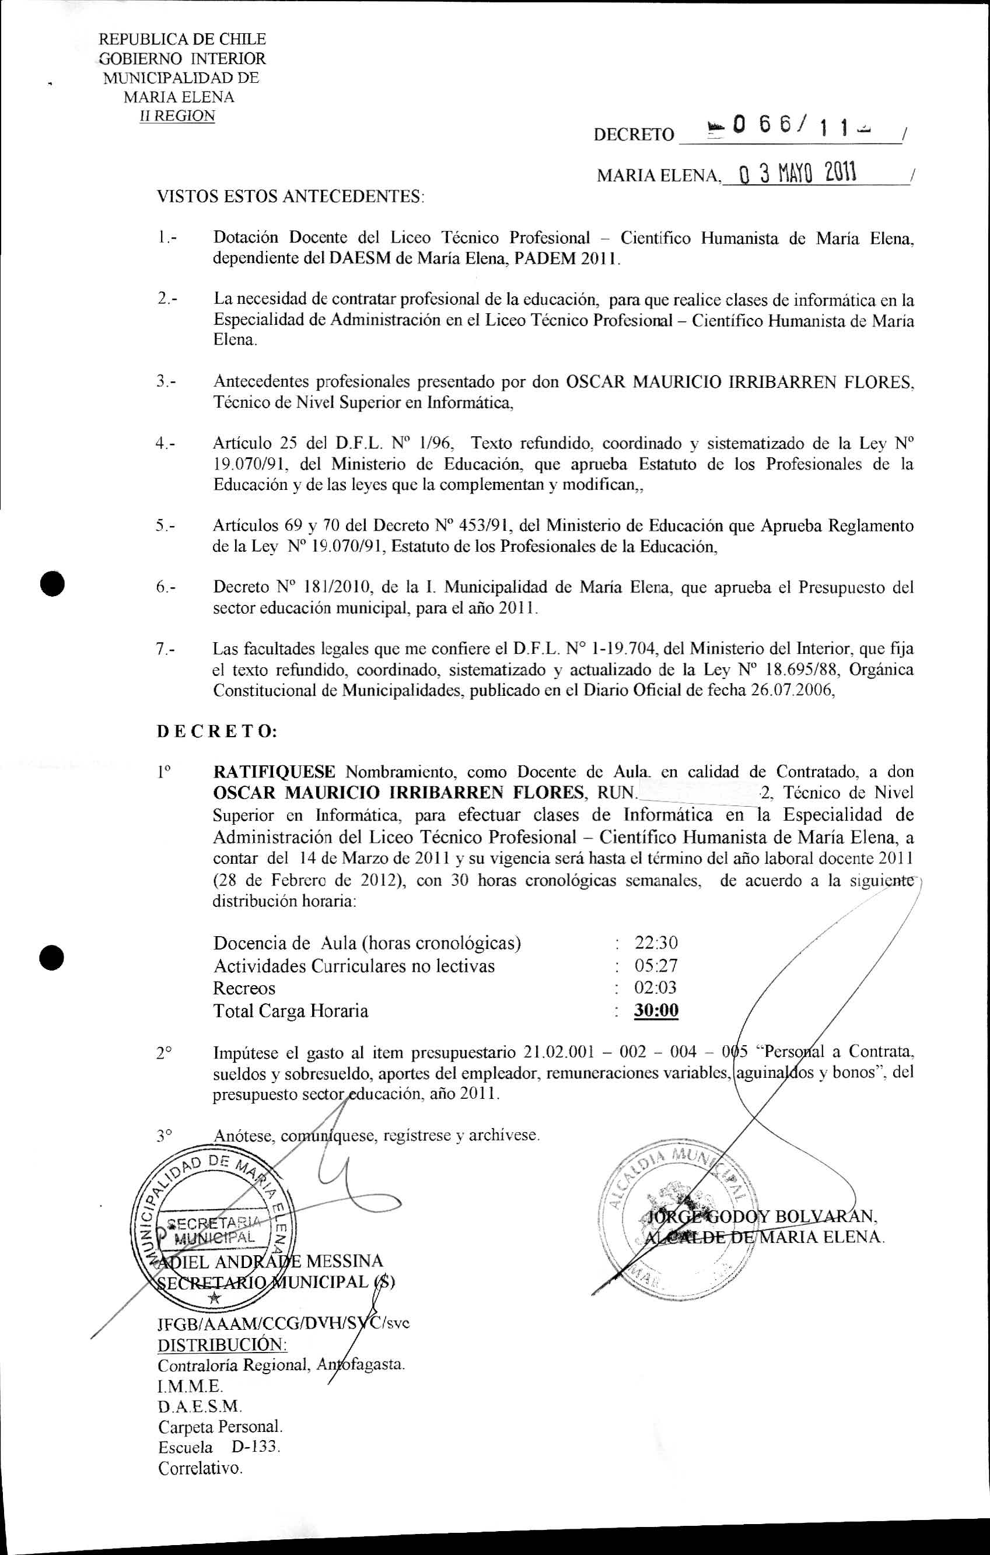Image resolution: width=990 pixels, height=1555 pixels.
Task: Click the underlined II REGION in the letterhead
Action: point(179,116)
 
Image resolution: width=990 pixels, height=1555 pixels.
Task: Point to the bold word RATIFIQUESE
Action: point(274,772)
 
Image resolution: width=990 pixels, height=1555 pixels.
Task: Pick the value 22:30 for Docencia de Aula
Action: point(656,943)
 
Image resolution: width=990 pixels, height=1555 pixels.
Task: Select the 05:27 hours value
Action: point(656,965)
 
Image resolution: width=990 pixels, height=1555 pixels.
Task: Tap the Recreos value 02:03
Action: point(656,987)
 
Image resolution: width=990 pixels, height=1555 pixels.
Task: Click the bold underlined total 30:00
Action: point(656,1010)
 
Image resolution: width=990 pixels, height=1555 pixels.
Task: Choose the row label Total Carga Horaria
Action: point(291,1011)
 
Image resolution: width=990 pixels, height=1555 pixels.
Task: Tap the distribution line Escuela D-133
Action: point(218,1447)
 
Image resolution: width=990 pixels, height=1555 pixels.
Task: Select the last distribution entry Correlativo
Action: point(200,1468)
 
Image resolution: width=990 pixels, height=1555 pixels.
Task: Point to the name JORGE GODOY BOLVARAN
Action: point(762,1217)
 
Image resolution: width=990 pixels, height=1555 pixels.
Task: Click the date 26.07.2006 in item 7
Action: point(787,691)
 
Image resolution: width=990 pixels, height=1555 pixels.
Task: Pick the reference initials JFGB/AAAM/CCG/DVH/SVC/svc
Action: point(284,1322)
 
